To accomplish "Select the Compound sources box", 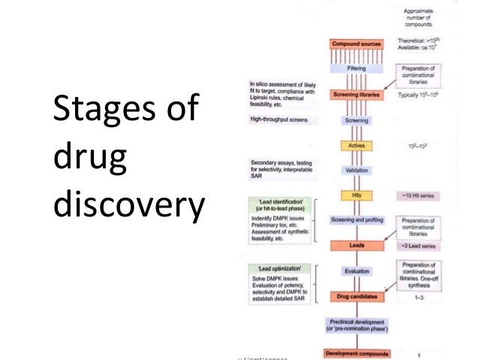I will click(357, 44).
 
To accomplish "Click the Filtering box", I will click(357, 68).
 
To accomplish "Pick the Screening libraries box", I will click(357, 95).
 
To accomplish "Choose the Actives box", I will click(357, 145).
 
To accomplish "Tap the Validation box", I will click(357, 171).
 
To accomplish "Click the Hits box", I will click(357, 195).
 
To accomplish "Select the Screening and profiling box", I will click(357, 219).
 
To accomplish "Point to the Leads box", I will click(357, 245).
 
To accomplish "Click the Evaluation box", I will click(357, 272).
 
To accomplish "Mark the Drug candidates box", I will click(357, 297).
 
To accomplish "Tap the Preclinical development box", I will click(357, 325).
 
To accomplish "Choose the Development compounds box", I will click(357, 352).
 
